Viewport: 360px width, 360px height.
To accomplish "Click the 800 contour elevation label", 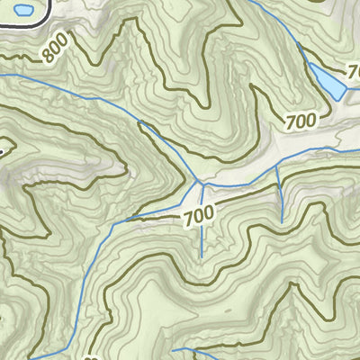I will click(x=55, y=50).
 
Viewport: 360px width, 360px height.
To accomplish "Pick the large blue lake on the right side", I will click(x=326, y=81).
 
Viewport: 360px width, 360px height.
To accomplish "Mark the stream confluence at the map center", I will click(x=201, y=184).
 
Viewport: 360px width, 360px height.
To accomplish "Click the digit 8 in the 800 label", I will click(x=46, y=58).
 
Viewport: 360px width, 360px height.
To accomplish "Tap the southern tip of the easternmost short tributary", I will click(x=282, y=222).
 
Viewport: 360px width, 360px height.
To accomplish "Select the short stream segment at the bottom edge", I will click(x=189, y=349).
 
